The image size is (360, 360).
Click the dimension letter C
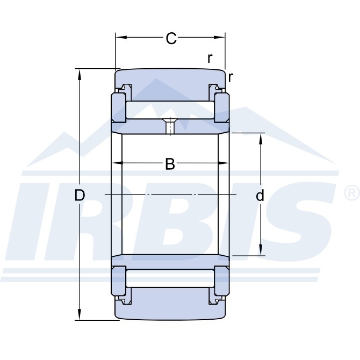tap(171, 39)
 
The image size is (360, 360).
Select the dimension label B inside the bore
tap(170, 164)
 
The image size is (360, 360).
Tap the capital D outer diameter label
tap(80, 196)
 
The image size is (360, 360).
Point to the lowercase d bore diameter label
tap(260, 196)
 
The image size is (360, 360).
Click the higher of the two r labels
tap(210, 59)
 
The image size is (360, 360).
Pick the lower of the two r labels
tap(230, 77)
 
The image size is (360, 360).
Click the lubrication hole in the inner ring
tap(170, 127)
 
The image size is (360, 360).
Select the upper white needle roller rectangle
tap(170, 110)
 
